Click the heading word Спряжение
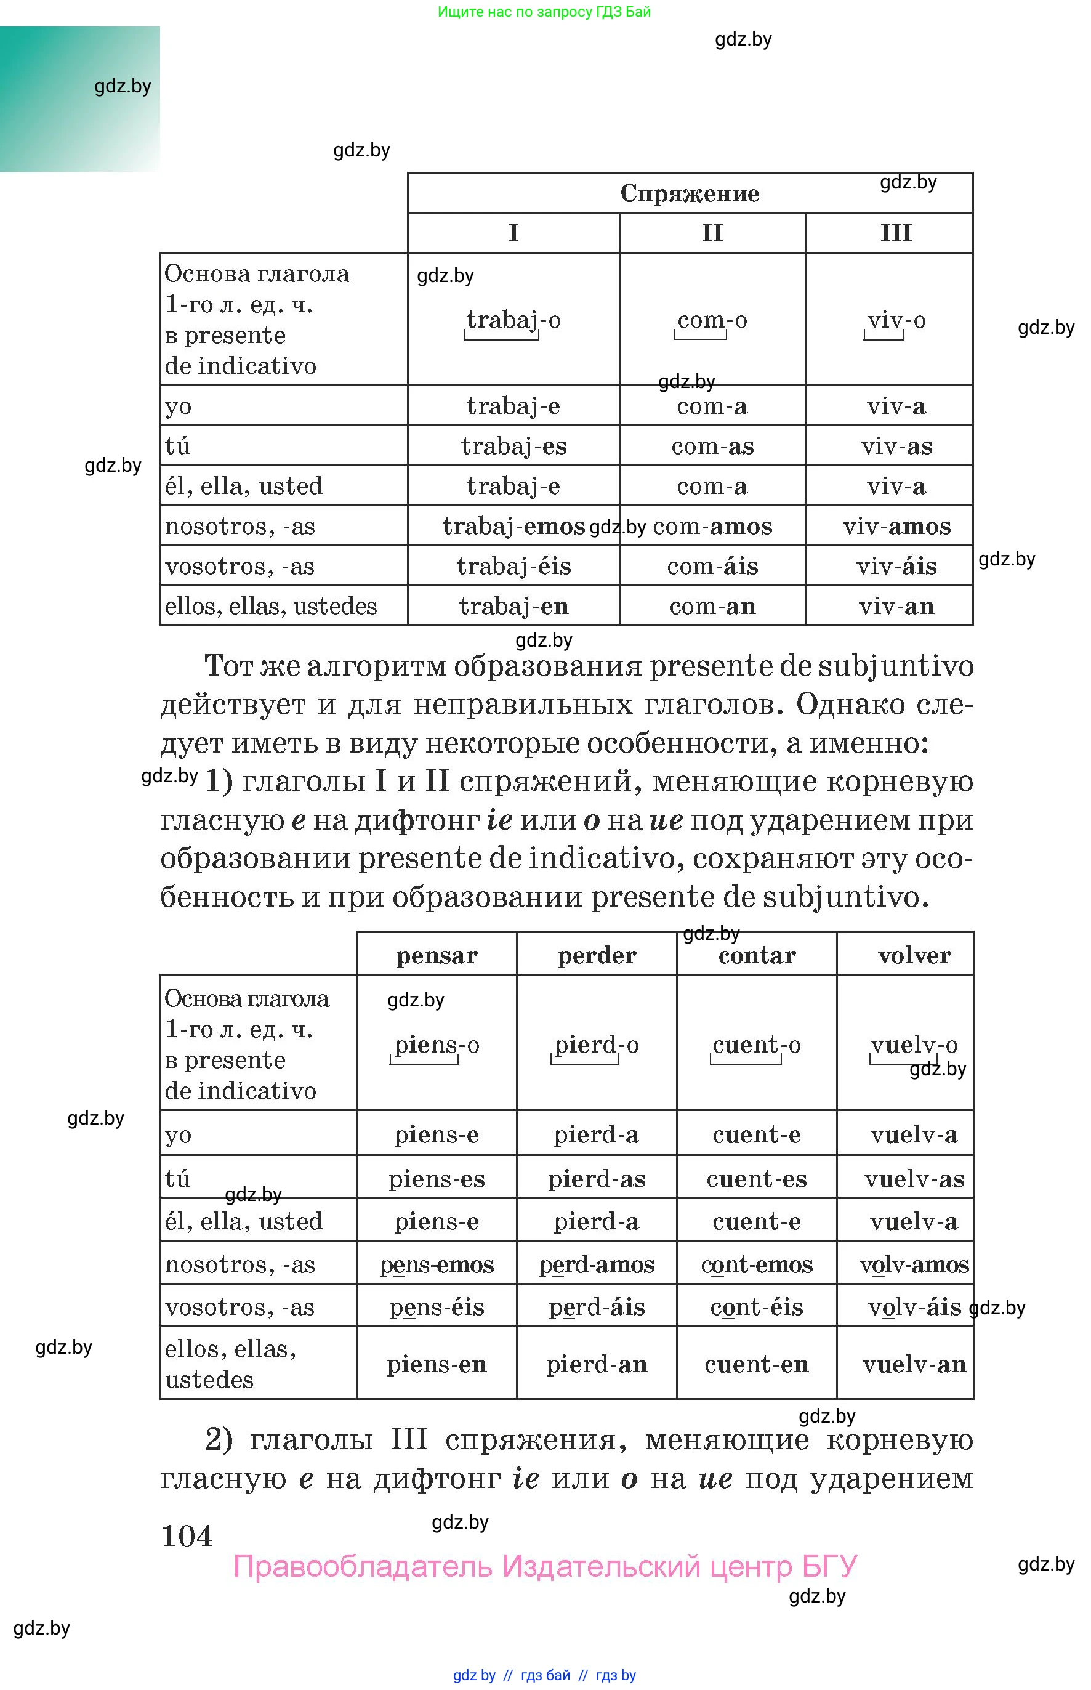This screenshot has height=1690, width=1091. click(x=690, y=193)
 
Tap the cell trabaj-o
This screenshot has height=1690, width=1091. click(x=513, y=320)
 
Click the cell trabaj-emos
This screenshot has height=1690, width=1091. click(x=513, y=526)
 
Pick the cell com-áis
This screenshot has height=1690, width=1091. click(x=712, y=566)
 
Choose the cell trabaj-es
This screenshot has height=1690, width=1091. click(x=513, y=446)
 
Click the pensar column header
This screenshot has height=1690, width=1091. click(x=437, y=955)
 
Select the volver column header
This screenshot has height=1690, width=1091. click(x=913, y=955)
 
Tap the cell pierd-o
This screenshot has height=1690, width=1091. click(x=596, y=1045)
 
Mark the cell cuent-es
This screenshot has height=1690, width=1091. click(x=756, y=1179)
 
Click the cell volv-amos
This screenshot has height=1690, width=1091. click(x=913, y=1265)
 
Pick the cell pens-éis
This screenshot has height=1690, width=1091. click(x=437, y=1308)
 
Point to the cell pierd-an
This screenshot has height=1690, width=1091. click(x=596, y=1364)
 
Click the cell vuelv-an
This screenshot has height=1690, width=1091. click(x=913, y=1364)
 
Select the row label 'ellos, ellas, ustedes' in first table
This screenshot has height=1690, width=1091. click(x=271, y=606)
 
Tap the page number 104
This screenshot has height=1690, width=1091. click(x=187, y=1536)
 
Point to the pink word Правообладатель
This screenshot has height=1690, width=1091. click(x=362, y=1566)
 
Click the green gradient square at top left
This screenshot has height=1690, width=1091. click(x=79, y=99)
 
